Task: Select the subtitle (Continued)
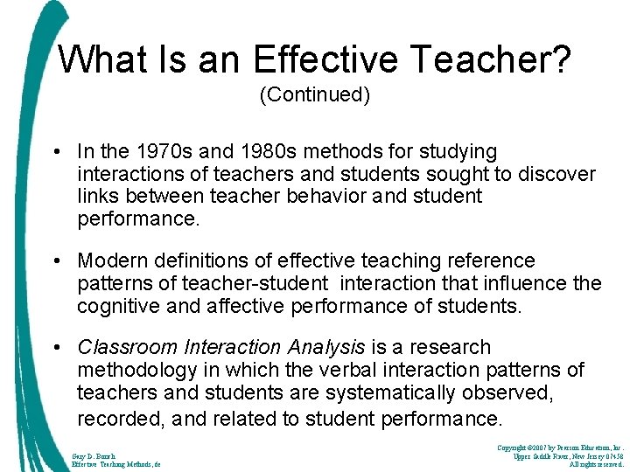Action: click(315, 95)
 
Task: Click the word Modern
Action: click(113, 260)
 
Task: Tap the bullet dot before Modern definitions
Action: click(57, 260)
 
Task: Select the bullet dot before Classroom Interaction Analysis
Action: click(57, 348)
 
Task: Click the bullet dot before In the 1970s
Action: click(57, 152)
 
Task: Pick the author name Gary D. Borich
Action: click(94, 455)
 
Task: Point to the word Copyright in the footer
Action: click(516, 448)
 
